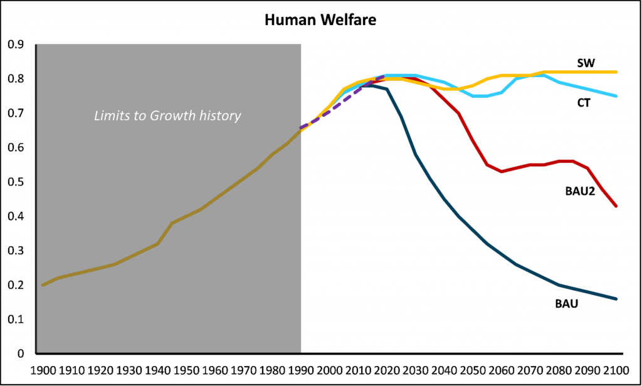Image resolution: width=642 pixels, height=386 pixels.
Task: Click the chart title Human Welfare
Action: (320, 21)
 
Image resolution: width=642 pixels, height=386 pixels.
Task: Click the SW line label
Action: (586, 63)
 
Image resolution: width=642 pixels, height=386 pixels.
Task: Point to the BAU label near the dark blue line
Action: (566, 305)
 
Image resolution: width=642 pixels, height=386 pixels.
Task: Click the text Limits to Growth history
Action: (167, 116)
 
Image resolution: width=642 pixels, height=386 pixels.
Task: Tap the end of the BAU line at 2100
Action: (617, 299)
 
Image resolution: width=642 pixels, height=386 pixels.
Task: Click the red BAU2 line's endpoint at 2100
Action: (617, 206)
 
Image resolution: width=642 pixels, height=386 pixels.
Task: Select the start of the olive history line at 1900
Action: (43, 285)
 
